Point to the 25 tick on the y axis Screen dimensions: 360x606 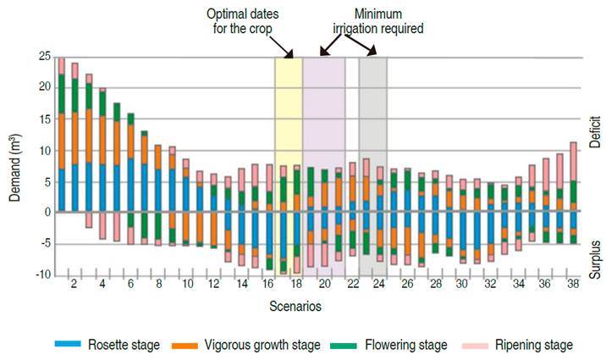pyautogui.click(x=44, y=56)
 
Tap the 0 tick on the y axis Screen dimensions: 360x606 pyautogui.click(x=47, y=212)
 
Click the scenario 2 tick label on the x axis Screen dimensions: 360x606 pyautogui.click(x=74, y=286)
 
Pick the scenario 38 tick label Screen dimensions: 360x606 pyautogui.click(x=573, y=286)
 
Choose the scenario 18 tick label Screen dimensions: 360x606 pyautogui.click(x=296, y=286)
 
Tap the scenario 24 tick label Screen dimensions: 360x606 pyautogui.click(x=380, y=286)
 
